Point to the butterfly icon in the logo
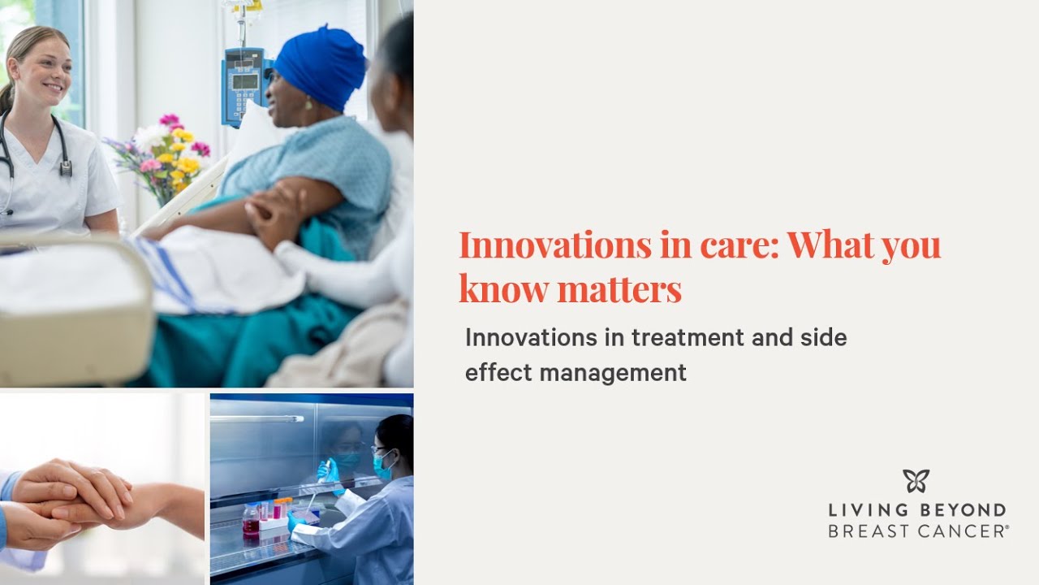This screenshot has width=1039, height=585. coord(916,481)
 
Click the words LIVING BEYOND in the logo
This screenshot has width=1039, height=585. coord(917,511)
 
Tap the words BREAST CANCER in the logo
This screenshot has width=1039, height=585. coord(917,531)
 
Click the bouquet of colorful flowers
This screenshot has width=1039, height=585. coord(166,154)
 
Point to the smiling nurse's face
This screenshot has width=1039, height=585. coord(39,69)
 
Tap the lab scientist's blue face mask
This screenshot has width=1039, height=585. coord(382,466)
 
